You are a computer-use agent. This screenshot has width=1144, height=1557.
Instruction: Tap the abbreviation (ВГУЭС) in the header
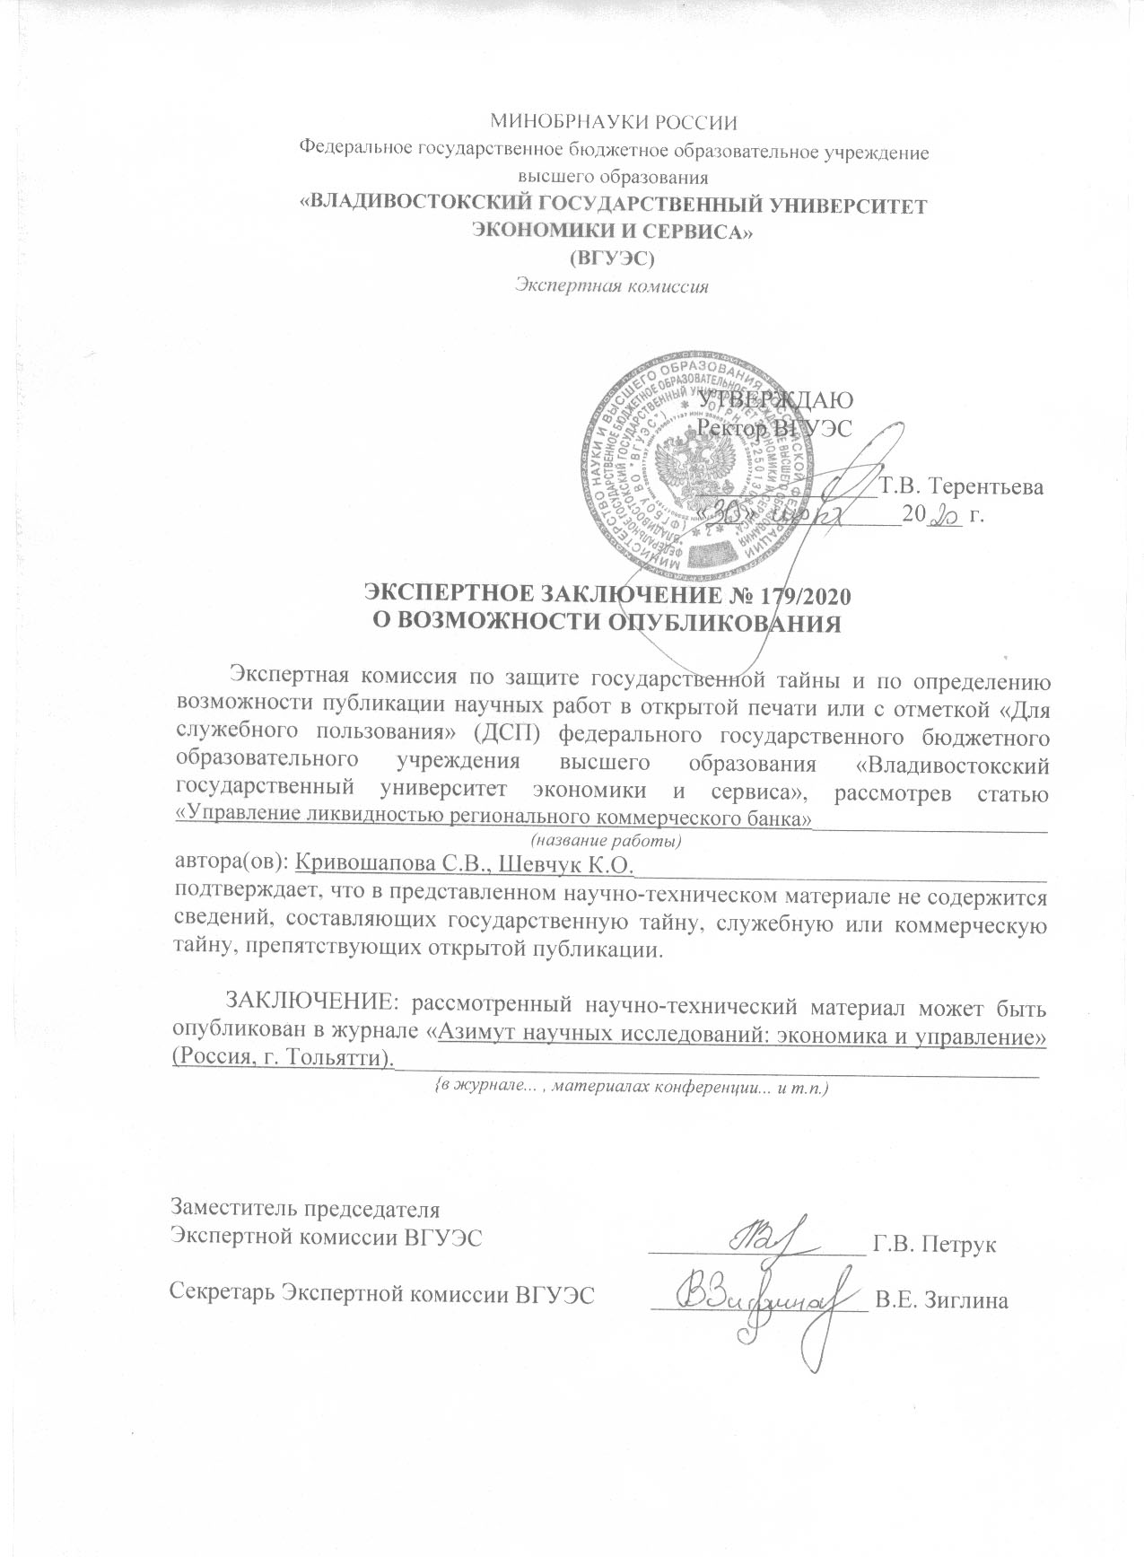pyautogui.click(x=614, y=259)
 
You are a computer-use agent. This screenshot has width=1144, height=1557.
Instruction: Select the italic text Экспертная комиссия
pyautogui.click(x=612, y=287)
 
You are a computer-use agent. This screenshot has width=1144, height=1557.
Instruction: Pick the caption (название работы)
pyautogui.click(x=607, y=842)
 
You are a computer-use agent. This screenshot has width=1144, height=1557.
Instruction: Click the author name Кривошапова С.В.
pyautogui.click(x=388, y=864)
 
